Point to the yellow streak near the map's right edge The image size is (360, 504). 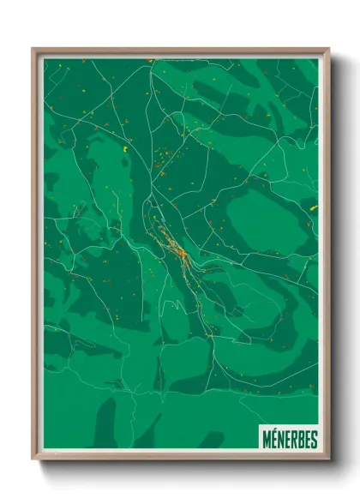click(313, 207)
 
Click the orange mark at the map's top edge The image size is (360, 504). click(149, 60)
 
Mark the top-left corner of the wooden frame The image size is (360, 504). click(33, 49)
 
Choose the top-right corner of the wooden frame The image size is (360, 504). click(328, 49)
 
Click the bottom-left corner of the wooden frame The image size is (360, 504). click(33, 459)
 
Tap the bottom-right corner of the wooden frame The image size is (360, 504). click(328, 459)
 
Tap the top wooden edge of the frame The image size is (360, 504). click(180, 51)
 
